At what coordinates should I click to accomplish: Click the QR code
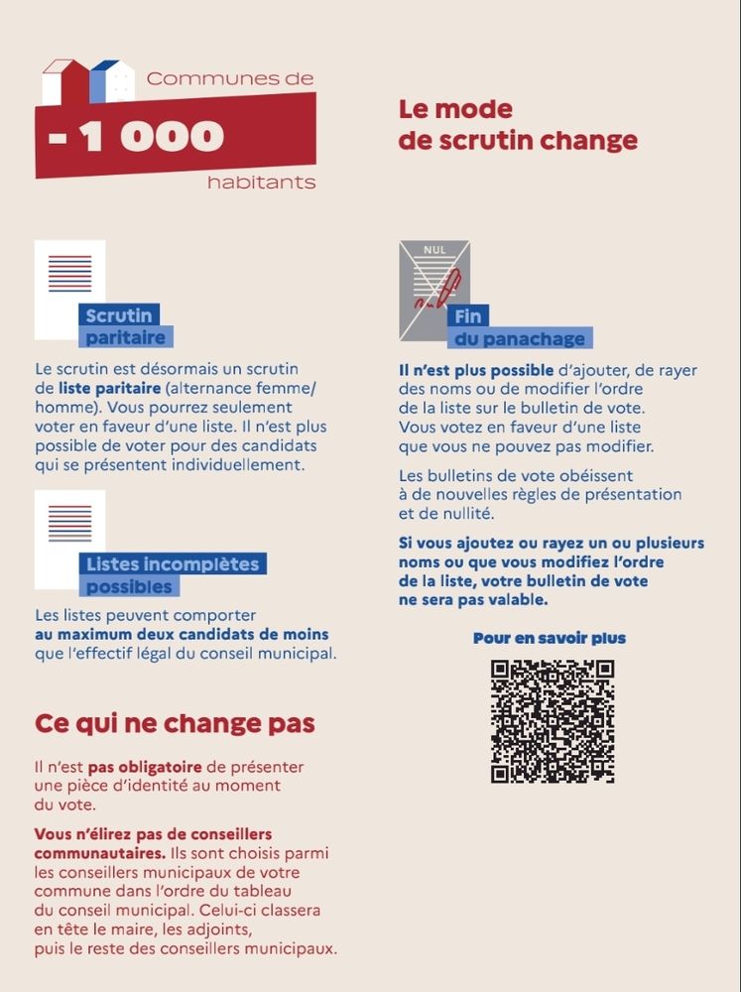click(552, 721)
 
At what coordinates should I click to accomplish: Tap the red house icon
click(67, 82)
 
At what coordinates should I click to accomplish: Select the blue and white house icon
click(111, 82)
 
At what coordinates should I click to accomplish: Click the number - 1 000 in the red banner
click(137, 137)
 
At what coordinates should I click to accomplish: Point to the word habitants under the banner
click(261, 183)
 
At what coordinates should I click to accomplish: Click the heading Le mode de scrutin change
click(517, 125)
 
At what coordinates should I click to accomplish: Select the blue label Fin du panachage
click(520, 328)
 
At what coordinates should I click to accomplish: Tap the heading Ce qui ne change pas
click(175, 723)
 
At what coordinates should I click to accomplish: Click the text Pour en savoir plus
click(550, 638)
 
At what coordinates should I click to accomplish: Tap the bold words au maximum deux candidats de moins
click(182, 634)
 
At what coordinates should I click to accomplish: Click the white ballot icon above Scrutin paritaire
click(68, 288)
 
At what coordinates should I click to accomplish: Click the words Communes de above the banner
click(229, 78)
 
